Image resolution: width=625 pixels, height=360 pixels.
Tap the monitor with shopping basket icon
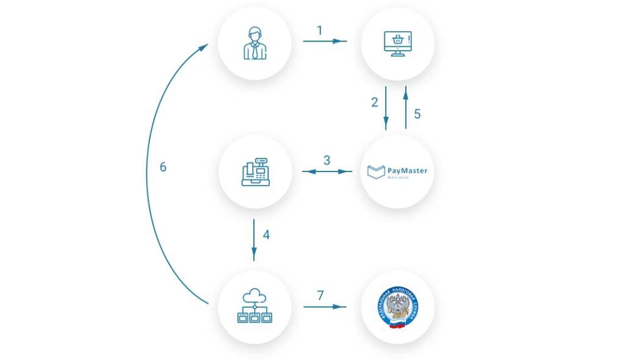397,44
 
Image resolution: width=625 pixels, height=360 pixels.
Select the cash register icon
255,171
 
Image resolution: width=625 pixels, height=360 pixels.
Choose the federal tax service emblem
397,307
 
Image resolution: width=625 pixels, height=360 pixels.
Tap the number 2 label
375,103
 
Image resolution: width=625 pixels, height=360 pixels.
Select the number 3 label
327,160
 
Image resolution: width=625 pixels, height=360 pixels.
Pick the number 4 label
266,235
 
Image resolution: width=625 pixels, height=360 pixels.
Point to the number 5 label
417,114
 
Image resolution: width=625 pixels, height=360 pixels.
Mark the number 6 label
163,167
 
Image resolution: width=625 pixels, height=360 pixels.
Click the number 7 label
320,295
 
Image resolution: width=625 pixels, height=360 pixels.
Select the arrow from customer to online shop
324,41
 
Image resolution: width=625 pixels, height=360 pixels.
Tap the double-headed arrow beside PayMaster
327,172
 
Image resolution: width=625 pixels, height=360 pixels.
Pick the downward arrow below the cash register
254,239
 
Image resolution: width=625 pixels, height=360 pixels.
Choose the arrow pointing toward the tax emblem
324,307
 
